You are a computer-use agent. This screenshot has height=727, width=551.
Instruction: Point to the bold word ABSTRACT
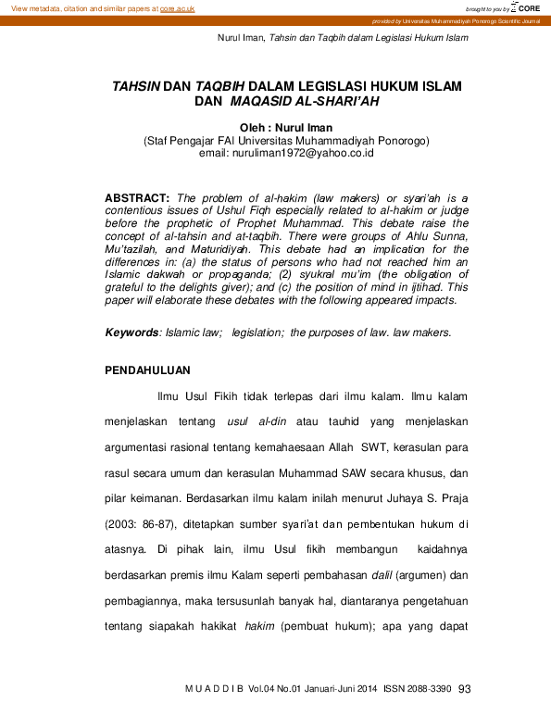point(136,198)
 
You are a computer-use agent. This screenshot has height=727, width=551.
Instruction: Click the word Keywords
point(131,332)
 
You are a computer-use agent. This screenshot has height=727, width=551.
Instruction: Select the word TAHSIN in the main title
point(135,84)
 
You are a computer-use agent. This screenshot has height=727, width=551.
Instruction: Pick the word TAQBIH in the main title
point(214,84)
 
